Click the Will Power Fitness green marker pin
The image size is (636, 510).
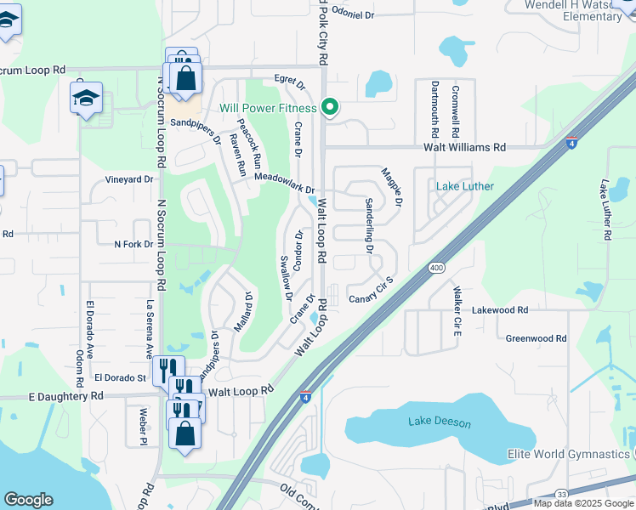point(331,107)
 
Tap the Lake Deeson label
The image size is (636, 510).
point(434,421)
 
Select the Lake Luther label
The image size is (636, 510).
point(464,186)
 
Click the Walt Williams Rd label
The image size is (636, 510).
point(467,147)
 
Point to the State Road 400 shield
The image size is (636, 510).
point(437,268)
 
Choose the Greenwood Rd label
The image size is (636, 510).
point(536,338)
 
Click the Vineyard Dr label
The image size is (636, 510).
point(129,179)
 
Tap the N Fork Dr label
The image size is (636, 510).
point(134,244)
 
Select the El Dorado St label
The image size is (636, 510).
point(121,377)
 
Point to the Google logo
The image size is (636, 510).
point(28,500)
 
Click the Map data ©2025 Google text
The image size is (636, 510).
point(582,503)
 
